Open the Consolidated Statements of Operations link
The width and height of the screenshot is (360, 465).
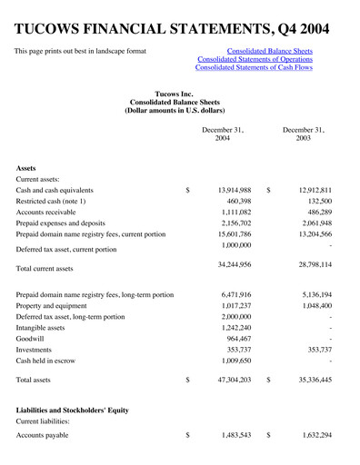[x=254, y=59]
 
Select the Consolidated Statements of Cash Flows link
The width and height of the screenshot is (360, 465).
[x=254, y=69]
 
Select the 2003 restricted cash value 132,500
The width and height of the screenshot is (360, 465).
[x=314, y=206]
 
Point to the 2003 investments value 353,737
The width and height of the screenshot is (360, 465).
[x=314, y=350]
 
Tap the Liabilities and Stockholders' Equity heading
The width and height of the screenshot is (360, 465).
[x=73, y=411]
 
